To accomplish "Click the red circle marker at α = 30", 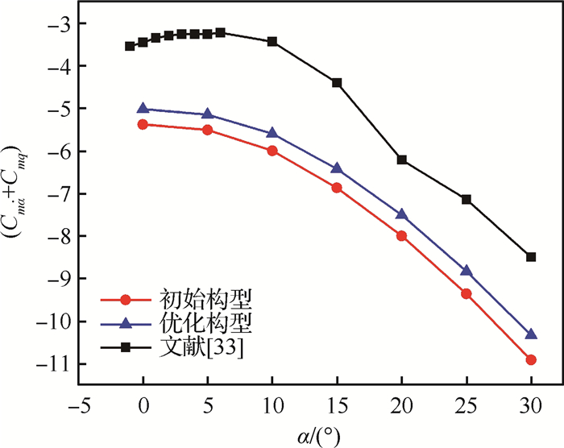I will (531, 359).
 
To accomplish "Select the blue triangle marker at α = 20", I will (401, 214).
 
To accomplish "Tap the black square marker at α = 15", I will (337, 83).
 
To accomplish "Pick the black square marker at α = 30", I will (531, 257).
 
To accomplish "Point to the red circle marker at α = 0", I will (143, 124).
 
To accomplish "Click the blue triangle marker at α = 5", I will (207, 114).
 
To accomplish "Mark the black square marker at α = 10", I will (272, 41).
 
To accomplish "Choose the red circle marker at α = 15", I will (337, 188).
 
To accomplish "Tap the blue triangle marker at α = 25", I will (466, 271).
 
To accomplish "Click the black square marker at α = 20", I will (401, 160).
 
